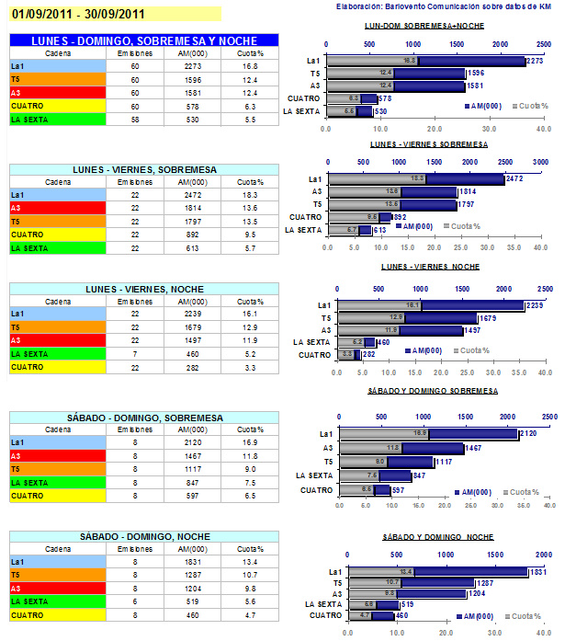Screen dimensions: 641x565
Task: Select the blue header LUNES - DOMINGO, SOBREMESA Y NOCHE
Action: pyautogui.click(x=142, y=41)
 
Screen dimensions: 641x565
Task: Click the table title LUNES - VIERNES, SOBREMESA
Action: pyautogui.click(x=142, y=170)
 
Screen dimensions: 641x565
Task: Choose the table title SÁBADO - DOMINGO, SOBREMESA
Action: pyautogui.click(x=142, y=418)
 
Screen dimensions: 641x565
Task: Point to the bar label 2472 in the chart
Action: pyautogui.click(x=515, y=178)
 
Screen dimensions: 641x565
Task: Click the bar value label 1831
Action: pyautogui.click(x=537, y=572)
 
